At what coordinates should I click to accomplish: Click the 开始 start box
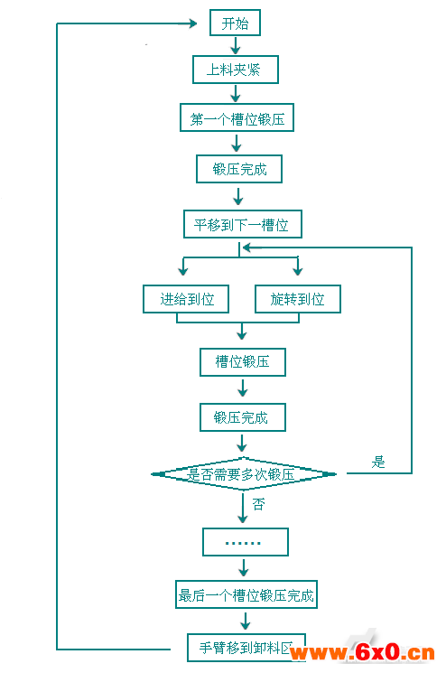point(235,23)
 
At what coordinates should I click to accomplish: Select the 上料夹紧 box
point(236,70)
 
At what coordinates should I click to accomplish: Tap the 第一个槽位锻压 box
point(237,117)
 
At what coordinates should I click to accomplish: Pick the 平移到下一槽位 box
point(243,224)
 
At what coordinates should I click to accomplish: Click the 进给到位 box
point(186,299)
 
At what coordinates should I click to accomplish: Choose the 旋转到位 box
point(298,299)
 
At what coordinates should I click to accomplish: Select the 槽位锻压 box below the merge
point(243,362)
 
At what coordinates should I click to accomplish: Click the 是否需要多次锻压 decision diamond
point(244,474)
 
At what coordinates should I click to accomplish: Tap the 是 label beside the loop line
point(378,462)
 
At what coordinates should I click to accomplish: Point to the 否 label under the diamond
point(258,504)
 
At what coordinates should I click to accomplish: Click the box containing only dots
point(246,542)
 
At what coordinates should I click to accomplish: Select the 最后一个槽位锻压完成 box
point(246,594)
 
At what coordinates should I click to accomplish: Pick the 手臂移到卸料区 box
point(246,648)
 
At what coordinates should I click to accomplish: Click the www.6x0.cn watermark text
point(362,652)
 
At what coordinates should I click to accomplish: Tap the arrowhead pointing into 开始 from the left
point(193,23)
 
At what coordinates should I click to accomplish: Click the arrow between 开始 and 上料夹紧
point(235,45)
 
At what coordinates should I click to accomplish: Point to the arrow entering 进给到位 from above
point(183,266)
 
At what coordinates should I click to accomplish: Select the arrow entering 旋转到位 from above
point(298,266)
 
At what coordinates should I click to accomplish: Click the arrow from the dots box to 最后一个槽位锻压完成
point(244,568)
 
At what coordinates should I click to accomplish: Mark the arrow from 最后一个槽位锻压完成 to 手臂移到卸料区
point(246,621)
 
